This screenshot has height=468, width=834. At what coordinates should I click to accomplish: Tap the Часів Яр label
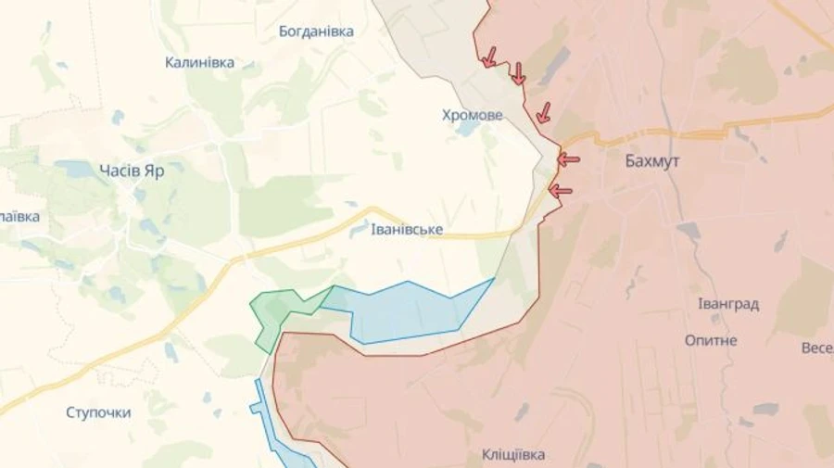[x=132, y=170]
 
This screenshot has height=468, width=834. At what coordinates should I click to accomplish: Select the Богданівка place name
[x=316, y=32]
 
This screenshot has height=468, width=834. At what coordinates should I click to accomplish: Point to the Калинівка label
[x=199, y=63]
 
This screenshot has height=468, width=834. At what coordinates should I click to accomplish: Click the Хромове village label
[x=473, y=115]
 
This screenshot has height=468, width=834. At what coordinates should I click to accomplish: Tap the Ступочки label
[x=98, y=412]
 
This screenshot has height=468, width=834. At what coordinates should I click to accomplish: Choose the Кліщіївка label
[x=513, y=454]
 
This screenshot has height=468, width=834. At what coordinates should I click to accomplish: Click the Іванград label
[x=728, y=304]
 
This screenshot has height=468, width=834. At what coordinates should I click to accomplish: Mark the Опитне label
[x=711, y=340]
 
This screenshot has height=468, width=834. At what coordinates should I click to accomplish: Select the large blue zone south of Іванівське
[x=412, y=310]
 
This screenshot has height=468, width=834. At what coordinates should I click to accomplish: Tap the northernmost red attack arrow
[x=488, y=57]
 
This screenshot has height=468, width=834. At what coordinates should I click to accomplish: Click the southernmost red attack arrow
[x=560, y=191]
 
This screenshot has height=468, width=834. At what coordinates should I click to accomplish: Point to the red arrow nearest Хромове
[x=543, y=113]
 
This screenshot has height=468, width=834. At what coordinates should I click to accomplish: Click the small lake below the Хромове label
[x=466, y=130]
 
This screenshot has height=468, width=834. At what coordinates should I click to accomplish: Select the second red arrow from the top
[x=518, y=74]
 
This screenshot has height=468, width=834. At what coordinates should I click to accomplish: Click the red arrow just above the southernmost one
[x=567, y=159]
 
